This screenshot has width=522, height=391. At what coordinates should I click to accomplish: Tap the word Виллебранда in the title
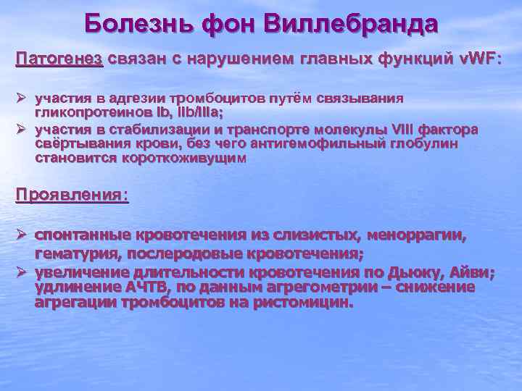click(x=351, y=25)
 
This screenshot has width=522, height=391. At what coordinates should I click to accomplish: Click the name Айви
click(x=476, y=272)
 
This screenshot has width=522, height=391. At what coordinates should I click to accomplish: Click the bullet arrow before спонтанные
click(x=22, y=235)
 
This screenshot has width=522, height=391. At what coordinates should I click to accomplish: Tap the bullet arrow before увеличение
click(x=22, y=272)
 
